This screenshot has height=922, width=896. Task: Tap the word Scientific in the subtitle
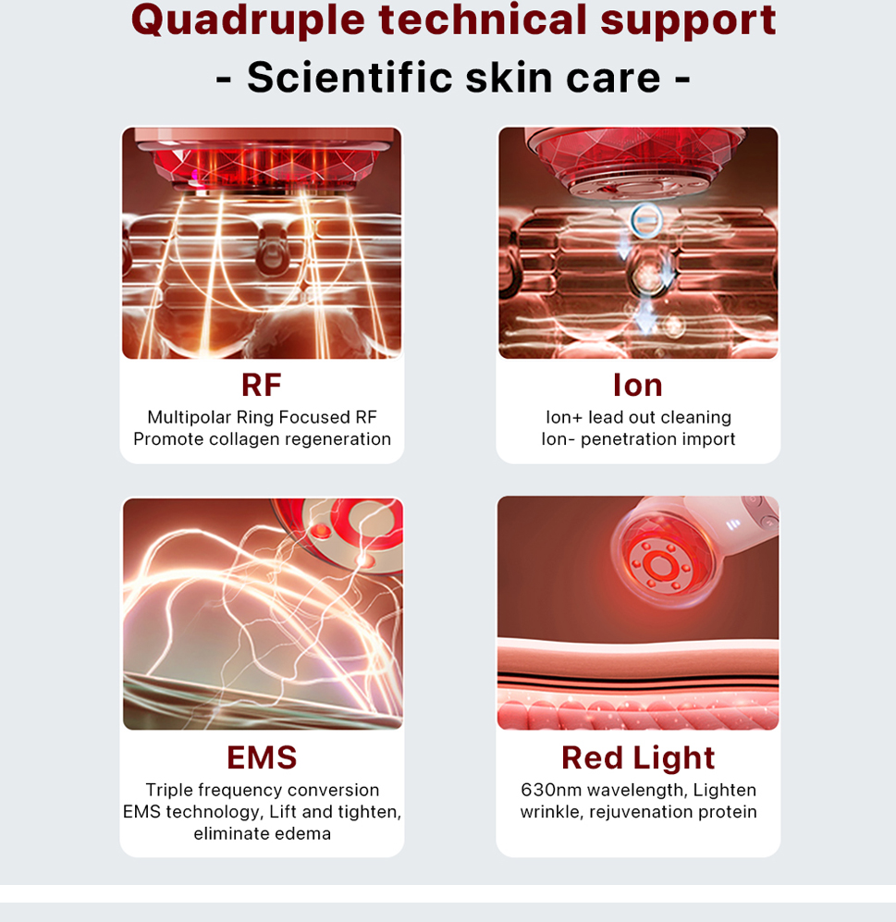point(350,77)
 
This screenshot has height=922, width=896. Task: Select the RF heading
point(262,385)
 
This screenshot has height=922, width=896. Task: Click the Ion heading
point(638,385)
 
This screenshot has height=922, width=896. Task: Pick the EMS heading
point(262,757)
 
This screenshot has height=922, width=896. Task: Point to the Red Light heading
point(638,758)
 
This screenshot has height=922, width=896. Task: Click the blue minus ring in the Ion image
point(646,220)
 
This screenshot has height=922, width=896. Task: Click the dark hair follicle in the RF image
point(272,250)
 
